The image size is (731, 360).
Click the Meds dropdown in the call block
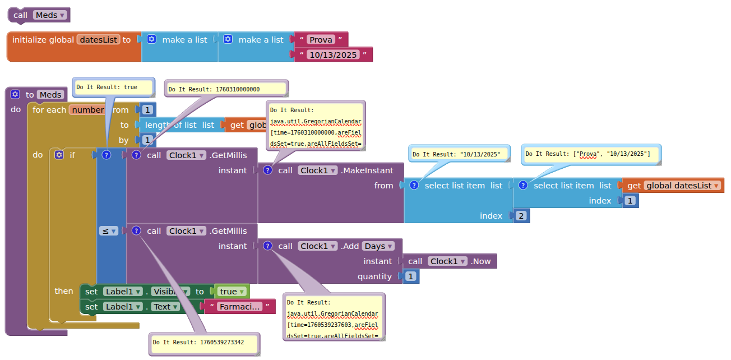[49, 15]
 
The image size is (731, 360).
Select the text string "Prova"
[321, 39]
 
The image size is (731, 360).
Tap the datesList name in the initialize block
[99, 40]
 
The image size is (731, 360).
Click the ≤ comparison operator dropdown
[108, 230]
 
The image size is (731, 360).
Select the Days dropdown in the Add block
[378, 246]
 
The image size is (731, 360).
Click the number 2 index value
[521, 216]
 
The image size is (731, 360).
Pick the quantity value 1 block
[411, 276]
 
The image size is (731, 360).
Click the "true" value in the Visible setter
[232, 292]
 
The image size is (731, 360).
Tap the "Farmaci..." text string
[239, 307]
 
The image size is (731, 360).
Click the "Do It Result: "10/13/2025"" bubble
[460, 154]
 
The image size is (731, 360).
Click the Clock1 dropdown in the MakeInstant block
[318, 170]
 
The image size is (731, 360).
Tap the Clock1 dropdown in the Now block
[448, 261]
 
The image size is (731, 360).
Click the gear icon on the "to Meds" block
[15, 95]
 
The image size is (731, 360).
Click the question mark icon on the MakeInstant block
[268, 170]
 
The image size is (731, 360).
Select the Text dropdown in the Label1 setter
[166, 307]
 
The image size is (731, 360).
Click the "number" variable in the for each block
[87, 110]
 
